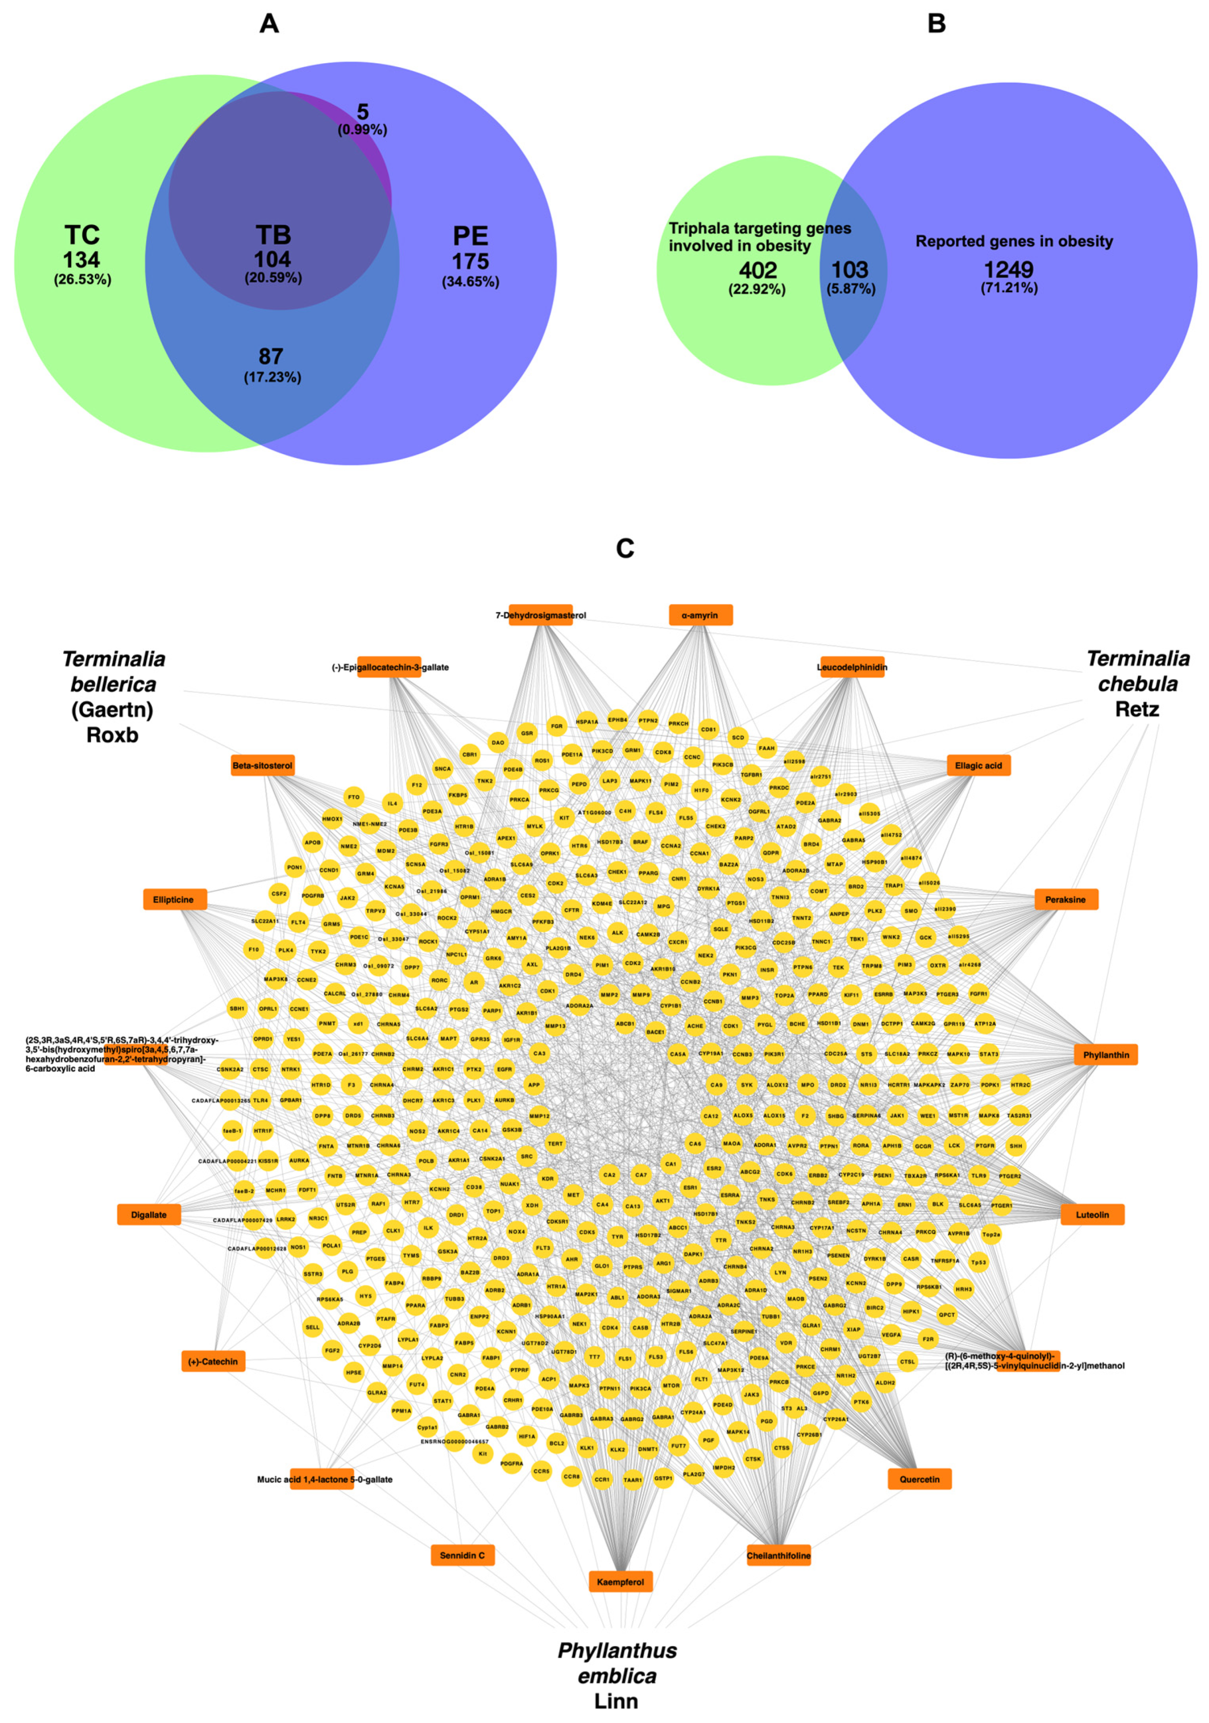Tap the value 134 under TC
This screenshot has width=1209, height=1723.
[x=82, y=260]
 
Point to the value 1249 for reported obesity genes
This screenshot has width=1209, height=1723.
[x=1009, y=269]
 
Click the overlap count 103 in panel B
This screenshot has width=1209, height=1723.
[x=850, y=269]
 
